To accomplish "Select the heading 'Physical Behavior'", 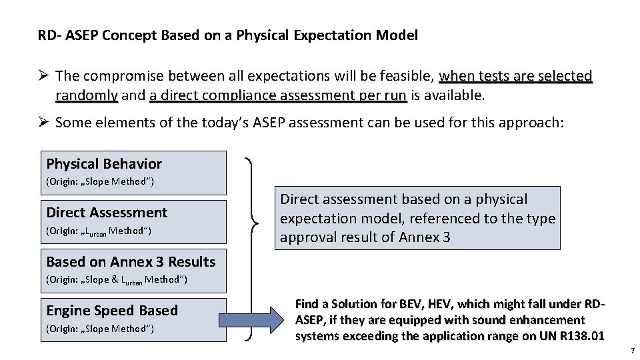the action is (x=104, y=164).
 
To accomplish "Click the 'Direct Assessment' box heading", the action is (x=107, y=213).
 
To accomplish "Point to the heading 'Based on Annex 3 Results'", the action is (x=131, y=261).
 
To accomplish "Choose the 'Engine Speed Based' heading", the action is (x=112, y=310).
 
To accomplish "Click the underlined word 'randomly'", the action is (x=87, y=95).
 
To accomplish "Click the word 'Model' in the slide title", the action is (x=398, y=35).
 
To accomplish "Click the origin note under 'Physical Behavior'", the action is (x=99, y=182).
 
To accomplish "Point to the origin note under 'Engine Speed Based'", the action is (x=99, y=328).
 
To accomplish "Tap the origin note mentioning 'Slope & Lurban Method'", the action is (x=117, y=279).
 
